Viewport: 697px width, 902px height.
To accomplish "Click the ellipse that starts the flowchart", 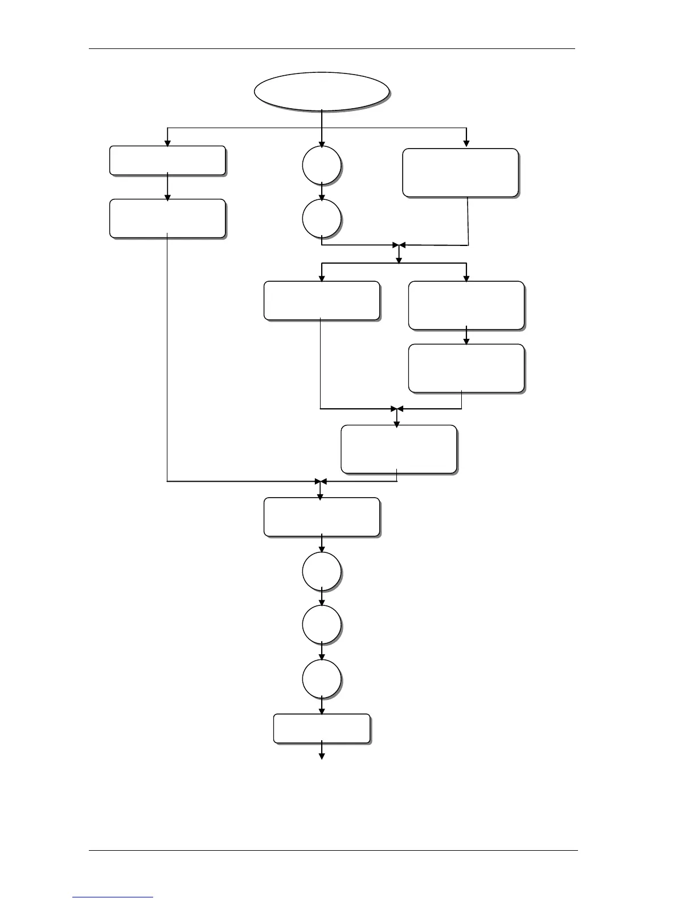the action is [x=322, y=91].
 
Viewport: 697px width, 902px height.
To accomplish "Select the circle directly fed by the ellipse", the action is [x=322, y=166].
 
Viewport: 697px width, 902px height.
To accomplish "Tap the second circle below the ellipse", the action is [x=322, y=218].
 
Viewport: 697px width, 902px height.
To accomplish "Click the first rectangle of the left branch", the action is [x=167, y=161].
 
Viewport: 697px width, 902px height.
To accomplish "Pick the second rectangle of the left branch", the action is [x=167, y=218].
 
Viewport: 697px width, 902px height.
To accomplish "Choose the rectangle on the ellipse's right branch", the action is [x=460, y=173].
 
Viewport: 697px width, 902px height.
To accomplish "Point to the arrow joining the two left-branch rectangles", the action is [x=167, y=187].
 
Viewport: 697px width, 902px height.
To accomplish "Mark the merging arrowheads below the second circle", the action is [x=399, y=245].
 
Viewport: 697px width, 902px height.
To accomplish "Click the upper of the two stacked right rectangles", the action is [x=466, y=305].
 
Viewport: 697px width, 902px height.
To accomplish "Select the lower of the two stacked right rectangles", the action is [x=466, y=368].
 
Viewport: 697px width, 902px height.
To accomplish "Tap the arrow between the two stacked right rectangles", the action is [x=466, y=337].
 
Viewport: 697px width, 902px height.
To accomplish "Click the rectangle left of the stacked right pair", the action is [x=322, y=301].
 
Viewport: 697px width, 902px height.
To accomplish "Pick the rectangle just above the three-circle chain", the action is [x=322, y=517].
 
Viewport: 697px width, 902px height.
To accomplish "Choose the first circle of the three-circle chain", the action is [x=322, y=571].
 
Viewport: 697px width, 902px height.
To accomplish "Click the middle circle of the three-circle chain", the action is [x=322, y=625].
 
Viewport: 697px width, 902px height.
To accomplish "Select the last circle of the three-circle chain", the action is [x=322, y=679].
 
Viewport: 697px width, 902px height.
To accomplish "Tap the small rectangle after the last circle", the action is [x=322, y=728].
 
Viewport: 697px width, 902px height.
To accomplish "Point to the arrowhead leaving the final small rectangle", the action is [x=322, y=756].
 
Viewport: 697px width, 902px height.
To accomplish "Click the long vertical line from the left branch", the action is [x=167, y=359].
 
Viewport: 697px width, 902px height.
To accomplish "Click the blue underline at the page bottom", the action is [x=113, y=897].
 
